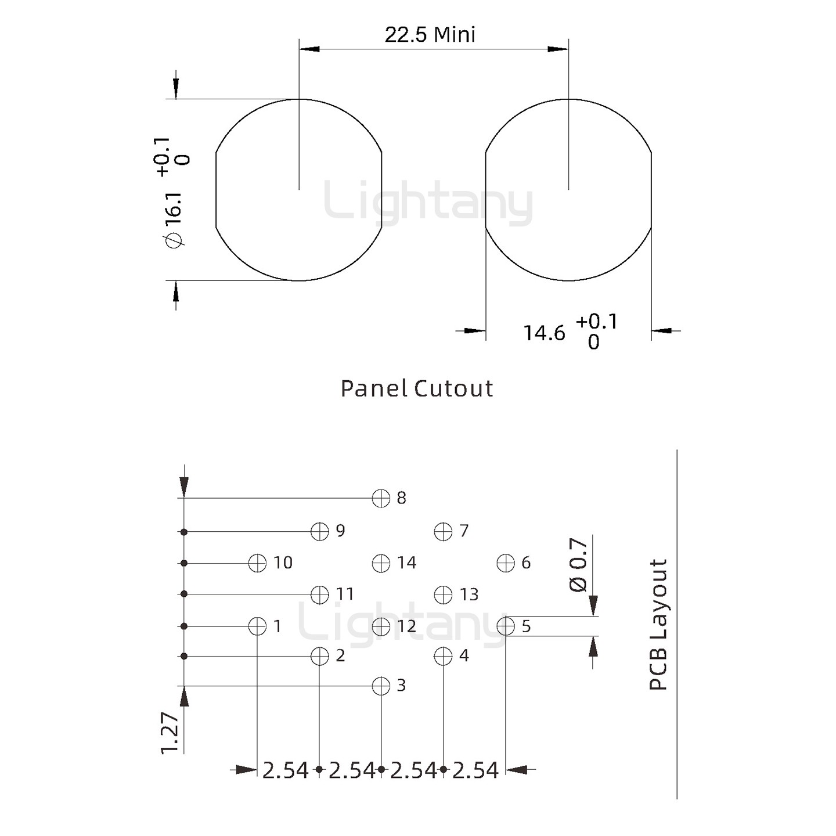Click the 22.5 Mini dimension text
430,35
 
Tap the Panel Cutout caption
417,388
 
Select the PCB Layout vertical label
658,625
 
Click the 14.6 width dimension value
544,333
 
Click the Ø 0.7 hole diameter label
578,565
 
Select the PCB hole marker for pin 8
381,498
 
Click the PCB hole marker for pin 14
381,563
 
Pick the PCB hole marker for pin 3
381,686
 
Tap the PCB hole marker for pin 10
257,563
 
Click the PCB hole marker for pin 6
506,563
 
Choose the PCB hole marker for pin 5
506,626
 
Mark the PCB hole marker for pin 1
257,626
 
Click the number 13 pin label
469,594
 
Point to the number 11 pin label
345,594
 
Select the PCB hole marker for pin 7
443,531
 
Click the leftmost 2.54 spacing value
286,770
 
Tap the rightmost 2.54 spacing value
475,770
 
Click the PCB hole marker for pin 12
381,626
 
